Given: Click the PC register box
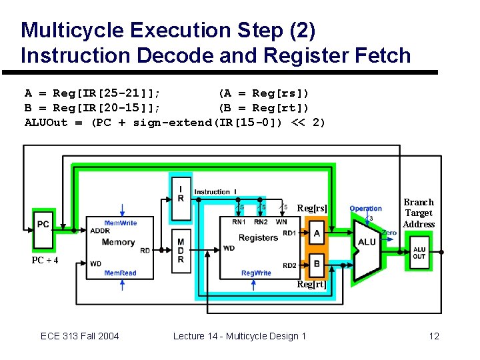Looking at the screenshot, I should coord(43,224).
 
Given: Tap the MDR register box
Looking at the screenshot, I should coord(181,251).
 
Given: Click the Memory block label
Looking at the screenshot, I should coord(118,242).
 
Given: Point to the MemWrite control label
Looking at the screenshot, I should coord(120,223).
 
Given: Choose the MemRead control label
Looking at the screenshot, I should coord(120,273).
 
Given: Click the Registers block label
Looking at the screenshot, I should coord(258,237).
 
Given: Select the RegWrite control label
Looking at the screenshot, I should coord(256,273).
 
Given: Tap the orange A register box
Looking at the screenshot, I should coord(317,233).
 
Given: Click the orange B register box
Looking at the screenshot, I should coord(317,263).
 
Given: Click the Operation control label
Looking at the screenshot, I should coord(366,209).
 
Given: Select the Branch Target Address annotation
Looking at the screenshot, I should coord(419,213).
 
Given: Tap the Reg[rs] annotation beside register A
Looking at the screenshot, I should coord(312,209).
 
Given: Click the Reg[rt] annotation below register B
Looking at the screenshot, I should coord(312,285).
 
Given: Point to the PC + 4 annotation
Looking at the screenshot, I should coord(45,260).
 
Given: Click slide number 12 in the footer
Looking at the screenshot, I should coord(434,336).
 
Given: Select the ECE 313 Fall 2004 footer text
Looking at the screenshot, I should coord(79,336).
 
